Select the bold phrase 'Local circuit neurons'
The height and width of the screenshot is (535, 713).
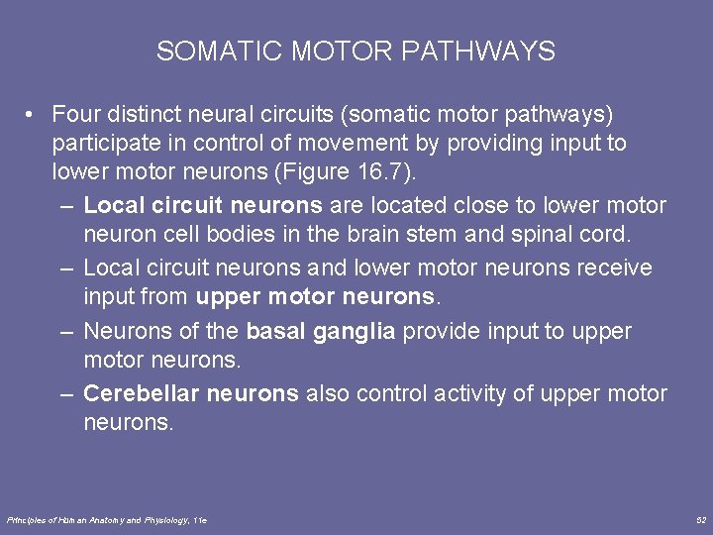click(x=203, y=206)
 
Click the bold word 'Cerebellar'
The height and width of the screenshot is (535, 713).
click(x=141, y=393)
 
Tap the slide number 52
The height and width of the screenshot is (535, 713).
click(x=701, y=519)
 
